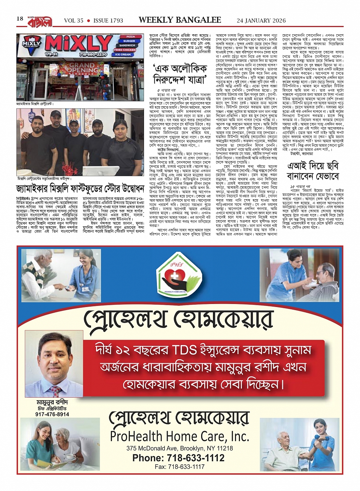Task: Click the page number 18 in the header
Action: pyautogui.click(x=20, y=19)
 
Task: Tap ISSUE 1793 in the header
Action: pyautogui.click(x=108, y=21)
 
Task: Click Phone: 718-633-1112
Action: pyautogui.click(x=178, y=458)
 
